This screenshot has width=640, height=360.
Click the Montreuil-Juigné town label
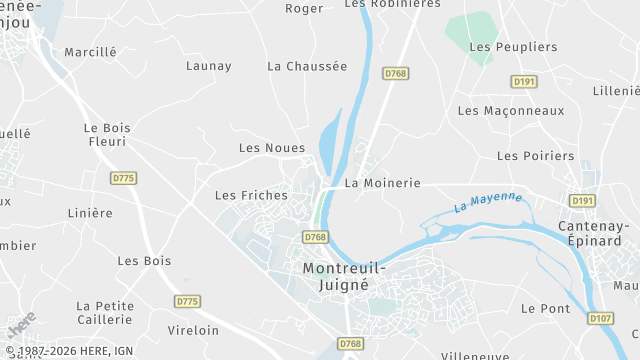click(x=336, y=276)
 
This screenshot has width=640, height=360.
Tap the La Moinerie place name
click(x=382, y=184)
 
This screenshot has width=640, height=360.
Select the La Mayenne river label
click(x=487, y=202)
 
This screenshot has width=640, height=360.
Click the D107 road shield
click(x=600, y=319)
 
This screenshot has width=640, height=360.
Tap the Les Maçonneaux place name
click(x=511, y=111)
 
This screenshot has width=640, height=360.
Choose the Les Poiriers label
click(x=536, y=156)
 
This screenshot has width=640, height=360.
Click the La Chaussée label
click(x=307, y=66)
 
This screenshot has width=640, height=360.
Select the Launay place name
click(x=208, y=66)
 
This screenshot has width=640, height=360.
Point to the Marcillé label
click(x=90, y=52)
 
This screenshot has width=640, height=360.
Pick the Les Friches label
click(x=251, y=195)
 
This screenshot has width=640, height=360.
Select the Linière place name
click(x=89, y=213)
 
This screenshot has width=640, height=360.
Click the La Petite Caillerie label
click(x=104, y=313)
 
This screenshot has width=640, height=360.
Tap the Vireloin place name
click(x=194, y=330)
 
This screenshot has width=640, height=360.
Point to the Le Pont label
click(x=546, y=309)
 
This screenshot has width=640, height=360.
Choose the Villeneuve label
click(x=475, y=355)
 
